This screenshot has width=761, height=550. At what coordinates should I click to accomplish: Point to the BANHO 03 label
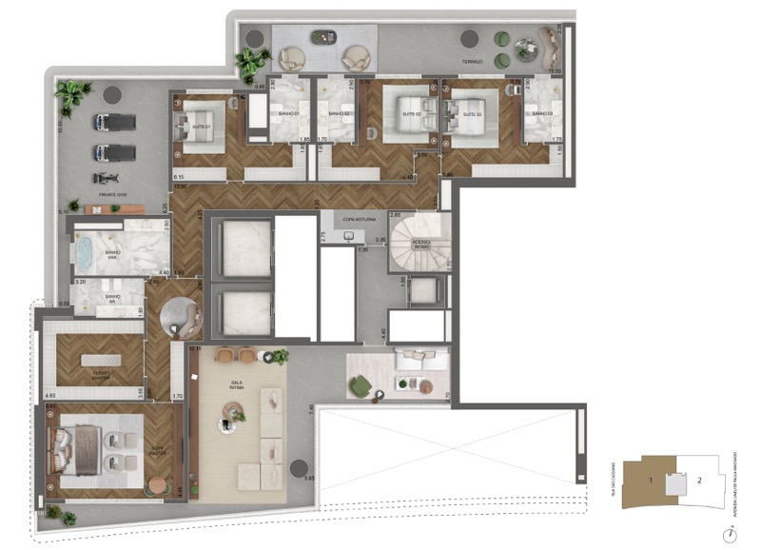tap(542, 114)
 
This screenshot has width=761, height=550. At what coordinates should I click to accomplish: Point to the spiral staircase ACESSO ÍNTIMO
tap(418, 243)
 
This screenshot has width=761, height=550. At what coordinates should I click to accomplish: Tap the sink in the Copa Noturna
tap(349, 236)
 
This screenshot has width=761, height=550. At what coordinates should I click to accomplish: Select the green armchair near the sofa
tap(360, 386)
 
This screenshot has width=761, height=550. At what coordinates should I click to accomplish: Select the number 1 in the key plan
tap(651, 481)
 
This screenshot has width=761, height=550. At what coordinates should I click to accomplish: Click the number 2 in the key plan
tap(699, 481)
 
